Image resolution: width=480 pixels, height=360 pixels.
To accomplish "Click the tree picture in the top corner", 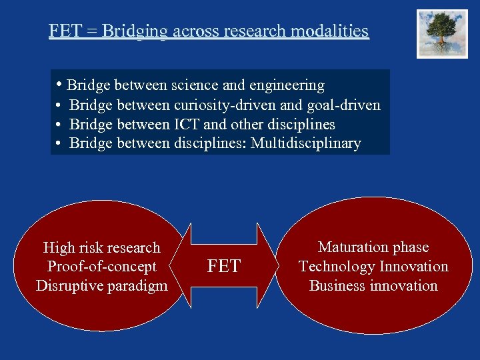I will (x=442, y=34).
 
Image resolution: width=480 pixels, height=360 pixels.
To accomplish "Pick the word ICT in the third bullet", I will (x=187, y=125).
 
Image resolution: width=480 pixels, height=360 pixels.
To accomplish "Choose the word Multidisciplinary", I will (x=306, y=143).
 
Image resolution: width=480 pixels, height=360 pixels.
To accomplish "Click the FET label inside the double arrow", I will (x=224, y=267).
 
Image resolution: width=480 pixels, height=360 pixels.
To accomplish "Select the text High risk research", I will (x=101, y=248).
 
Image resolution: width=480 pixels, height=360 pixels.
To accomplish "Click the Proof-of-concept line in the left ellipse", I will (x=101, y=267).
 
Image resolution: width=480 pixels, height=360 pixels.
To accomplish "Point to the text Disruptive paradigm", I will (x=101, y=286).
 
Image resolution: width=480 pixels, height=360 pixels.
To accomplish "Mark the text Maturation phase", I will (x=373, y=247).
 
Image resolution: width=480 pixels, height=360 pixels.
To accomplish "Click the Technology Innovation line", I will (x=373, y=267).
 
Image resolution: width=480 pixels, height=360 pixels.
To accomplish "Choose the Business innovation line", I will (x=373, y=286).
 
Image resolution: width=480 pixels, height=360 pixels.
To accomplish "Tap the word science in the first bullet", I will (x=195, y=85).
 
